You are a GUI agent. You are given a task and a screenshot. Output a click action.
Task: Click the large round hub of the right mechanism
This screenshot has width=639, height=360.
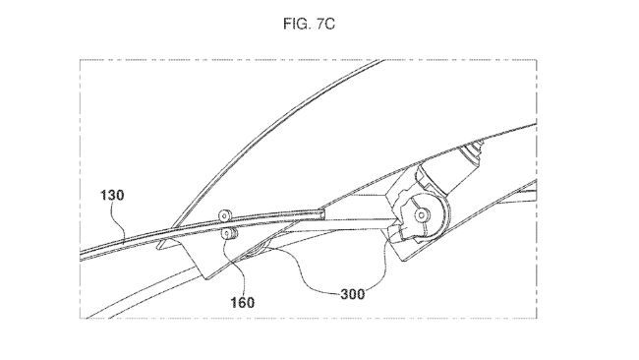425,211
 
